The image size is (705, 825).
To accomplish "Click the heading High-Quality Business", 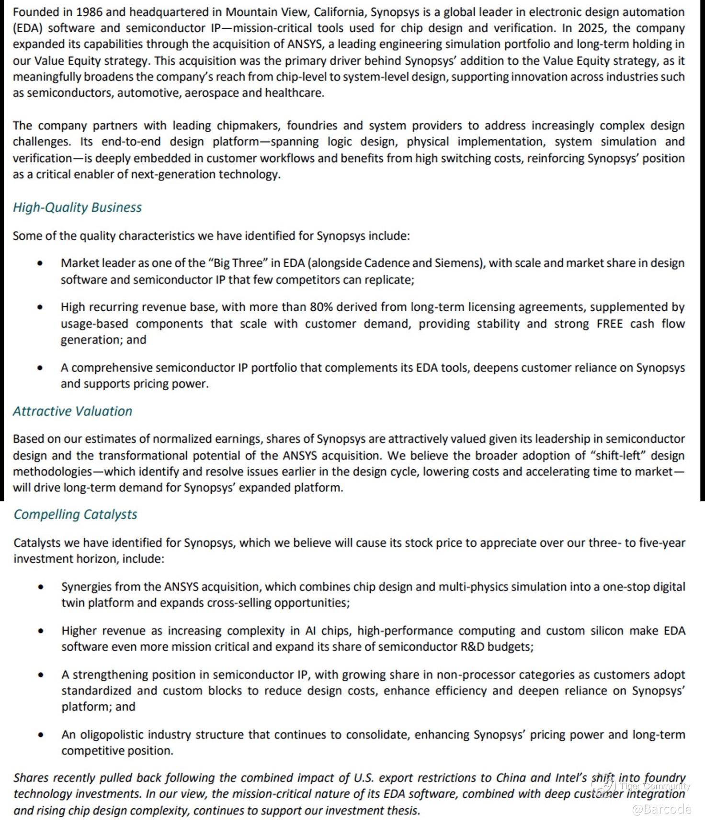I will pos(77,207).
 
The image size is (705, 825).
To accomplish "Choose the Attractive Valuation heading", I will pos(72,411).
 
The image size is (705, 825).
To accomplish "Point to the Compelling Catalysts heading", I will pos(75,514).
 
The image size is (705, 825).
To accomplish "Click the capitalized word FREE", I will pos(609,324).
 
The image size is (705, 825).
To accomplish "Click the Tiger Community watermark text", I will pos(655,786).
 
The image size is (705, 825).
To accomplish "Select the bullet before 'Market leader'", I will pos(40,264).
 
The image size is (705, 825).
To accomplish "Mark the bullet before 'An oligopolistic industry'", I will pos(41,735).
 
